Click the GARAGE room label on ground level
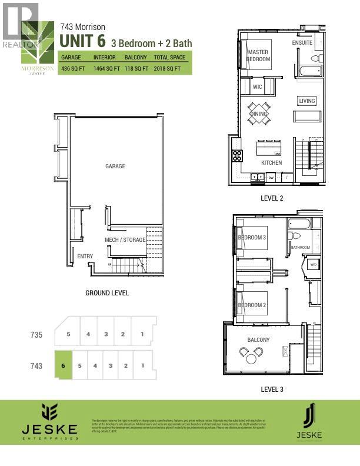point(115,167)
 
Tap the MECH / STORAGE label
point(124,240)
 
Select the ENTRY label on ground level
point(85,257)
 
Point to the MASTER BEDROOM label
point(258,56)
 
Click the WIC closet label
point(257,87)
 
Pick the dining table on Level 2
point(259,114)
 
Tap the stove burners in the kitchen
point(236,156)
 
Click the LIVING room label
point(307,101)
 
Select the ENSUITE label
point(302,43)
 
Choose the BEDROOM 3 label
point(252,238)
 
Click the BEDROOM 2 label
point(252,305)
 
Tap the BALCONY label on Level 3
point(258,340)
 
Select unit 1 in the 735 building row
point(142,334)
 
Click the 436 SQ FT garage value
point(73,69)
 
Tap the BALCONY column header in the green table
point(136,58)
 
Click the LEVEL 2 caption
point(272,198)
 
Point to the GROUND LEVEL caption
point(107,293)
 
